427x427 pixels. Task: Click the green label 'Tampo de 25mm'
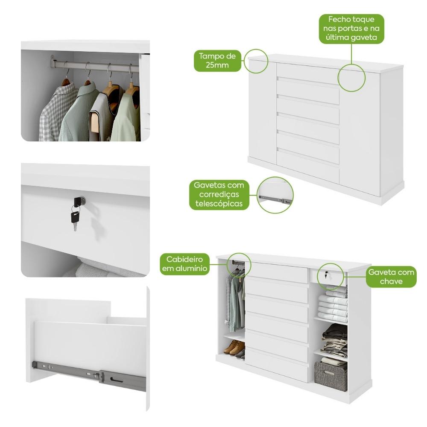tap(217, 61)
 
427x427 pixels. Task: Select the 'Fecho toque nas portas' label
tap(351, 29)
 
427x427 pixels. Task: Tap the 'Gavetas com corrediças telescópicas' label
tap(219, 194)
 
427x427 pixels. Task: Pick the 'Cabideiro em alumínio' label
tap(185, 263)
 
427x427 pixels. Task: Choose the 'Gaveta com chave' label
tap(391, 277)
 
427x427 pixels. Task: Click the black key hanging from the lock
tap(75, 218)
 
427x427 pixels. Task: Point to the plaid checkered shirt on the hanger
tap(58, 111)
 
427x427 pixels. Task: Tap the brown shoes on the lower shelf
tap(235, 348)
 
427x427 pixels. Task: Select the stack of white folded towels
tap(333, 306)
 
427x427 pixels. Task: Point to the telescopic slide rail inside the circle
tap(275, 199)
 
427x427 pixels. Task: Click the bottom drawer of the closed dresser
tap(308, 166)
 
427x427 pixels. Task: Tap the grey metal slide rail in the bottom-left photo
tap(89, 375)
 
